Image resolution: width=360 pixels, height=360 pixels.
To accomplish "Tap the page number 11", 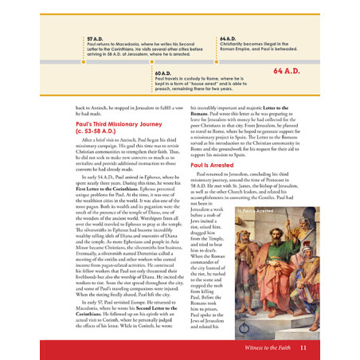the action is [303, 347].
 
